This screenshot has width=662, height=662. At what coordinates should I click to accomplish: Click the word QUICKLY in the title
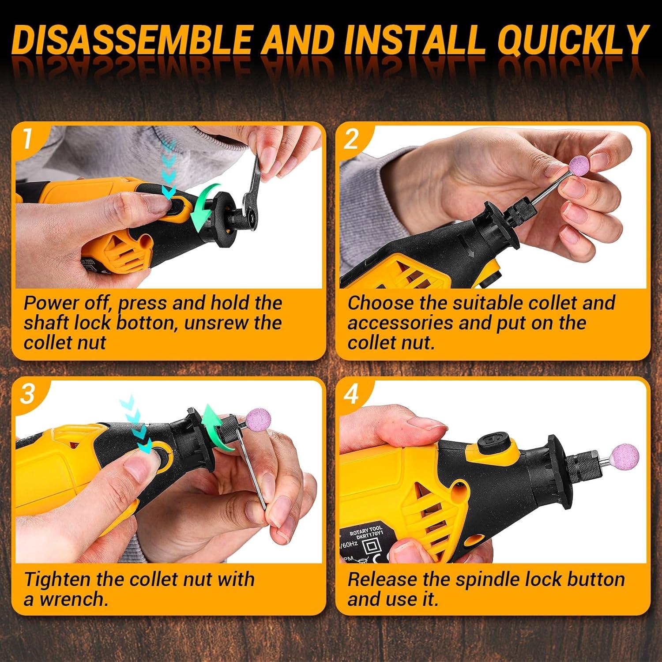pos(572,41)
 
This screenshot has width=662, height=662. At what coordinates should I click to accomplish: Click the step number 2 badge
pos(351,139)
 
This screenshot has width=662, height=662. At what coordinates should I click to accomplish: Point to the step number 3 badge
pos(27,393)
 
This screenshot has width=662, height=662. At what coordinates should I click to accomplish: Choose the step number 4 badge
pos(351,394)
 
